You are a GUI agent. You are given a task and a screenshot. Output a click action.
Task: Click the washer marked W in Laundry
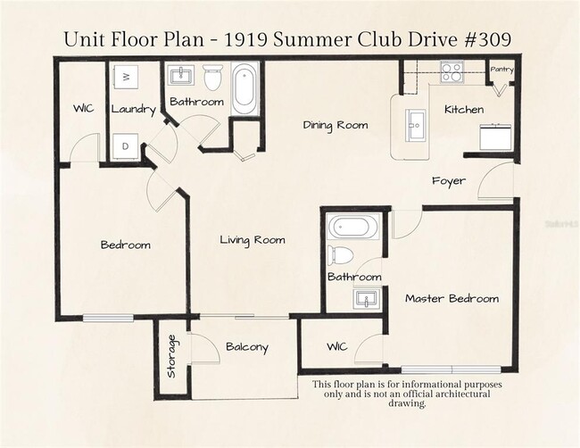click(x=126, y=78)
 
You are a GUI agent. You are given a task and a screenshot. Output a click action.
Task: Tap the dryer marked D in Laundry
click(x=126, y=145)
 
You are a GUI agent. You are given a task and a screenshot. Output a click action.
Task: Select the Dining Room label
click(x=335, y=125)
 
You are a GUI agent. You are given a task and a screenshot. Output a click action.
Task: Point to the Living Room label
click(x=253, y=239)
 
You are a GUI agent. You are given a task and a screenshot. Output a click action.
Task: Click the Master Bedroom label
click(x=452, y=298)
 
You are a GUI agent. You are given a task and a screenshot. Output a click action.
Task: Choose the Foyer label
click(x=448, y=181)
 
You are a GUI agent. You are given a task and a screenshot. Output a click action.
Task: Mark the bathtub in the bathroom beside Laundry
click(x=244, y=88)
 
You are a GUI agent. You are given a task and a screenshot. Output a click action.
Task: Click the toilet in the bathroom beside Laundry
click(x=212, y=79)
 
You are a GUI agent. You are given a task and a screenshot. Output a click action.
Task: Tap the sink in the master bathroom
click(x=364, y=297)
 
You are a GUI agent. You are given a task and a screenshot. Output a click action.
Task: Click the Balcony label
click(x=246, y=347)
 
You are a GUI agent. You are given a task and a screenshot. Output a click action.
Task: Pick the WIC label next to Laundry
click(x=84, y=110)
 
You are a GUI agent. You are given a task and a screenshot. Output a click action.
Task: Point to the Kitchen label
click(x=464, y=110)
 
